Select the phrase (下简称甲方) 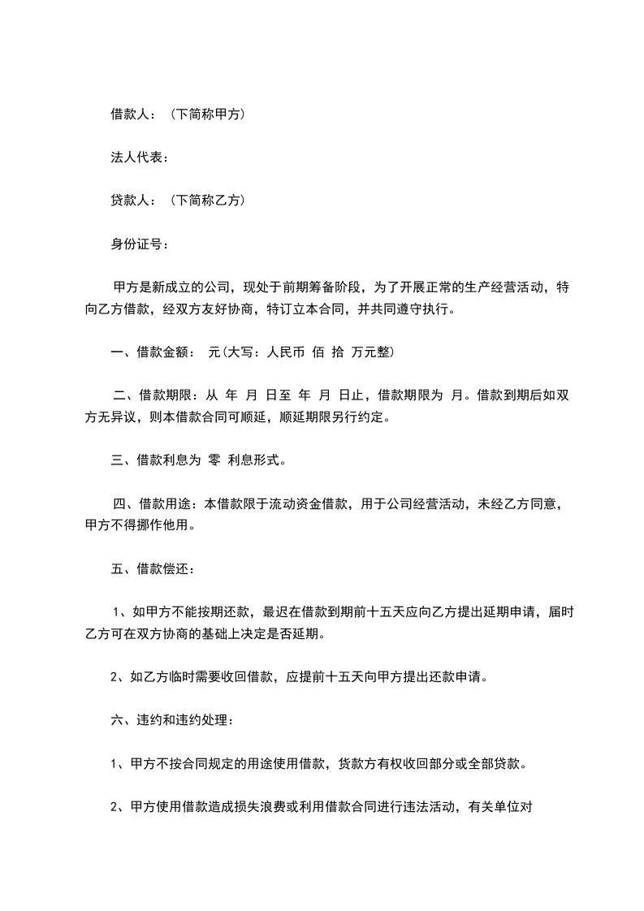[209, 115]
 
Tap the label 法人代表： [140, 158]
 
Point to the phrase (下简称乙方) [209, 200]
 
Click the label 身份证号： [140, 242]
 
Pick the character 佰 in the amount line [318, 352]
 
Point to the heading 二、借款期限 [153, 396]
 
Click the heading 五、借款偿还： [153, 568]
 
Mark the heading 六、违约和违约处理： [173, 719]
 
